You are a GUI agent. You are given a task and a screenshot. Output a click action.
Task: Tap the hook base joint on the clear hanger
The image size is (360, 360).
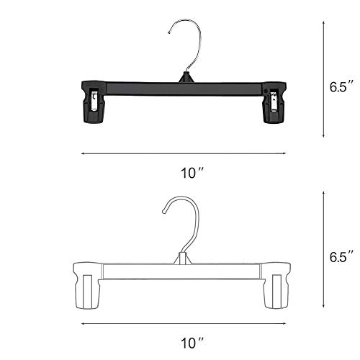(184, 253)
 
